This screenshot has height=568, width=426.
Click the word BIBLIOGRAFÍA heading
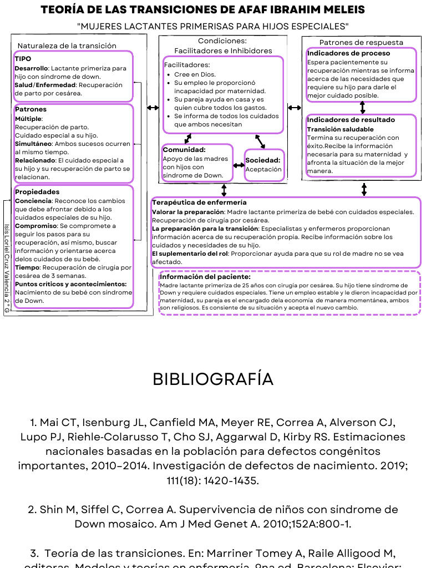(x=213, y=379)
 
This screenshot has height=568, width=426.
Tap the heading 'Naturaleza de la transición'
(x=67, y=45)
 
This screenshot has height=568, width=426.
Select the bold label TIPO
(x=23, y=58)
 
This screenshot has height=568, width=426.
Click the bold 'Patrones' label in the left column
(x=31, y=110)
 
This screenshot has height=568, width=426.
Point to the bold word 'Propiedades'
(x=37, y=192)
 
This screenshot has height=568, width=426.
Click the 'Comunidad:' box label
(x=184, y=150)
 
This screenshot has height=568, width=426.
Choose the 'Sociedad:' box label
(x=263, y=160)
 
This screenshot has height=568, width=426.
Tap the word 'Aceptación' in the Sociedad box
(x=264, y=170)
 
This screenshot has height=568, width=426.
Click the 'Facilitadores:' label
(x=187, y=65)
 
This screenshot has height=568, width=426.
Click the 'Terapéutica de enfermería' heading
(x=199, y=203)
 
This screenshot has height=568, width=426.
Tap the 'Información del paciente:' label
(x=205, y=276)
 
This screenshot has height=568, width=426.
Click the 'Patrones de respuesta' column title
(x=361, y=43)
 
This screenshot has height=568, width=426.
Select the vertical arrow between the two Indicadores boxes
(x=363, y=108)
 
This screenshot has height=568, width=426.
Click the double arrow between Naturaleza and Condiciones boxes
(x=152, y=108)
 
